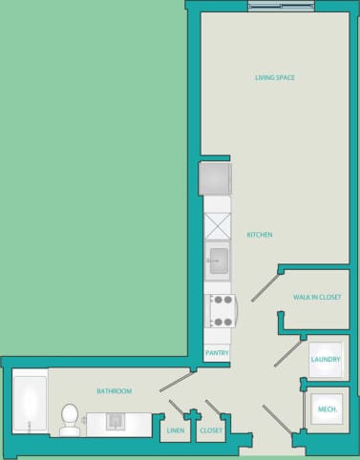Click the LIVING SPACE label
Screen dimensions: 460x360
click(x=274, y=77)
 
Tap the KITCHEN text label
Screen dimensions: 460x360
click(x=261, y=235)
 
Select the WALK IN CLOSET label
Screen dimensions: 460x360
click(x=316, y=298)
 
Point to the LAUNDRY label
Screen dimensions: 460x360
click(x=326, y=359)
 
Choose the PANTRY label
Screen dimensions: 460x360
click(x=217, y=353)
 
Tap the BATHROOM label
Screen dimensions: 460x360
click(x=114, y=391)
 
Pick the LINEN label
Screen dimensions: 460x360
click(x=175, y=431)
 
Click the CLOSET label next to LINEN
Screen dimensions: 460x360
click(x=211, y=431)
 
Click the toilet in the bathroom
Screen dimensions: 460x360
click(x=69, y=418)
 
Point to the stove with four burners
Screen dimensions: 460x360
click(x=222, y=310)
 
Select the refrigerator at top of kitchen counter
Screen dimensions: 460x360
click(x=215, y=178)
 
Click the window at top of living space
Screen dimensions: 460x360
click(x=280, y=7)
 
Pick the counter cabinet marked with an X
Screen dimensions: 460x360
click(x=218, y=227)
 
